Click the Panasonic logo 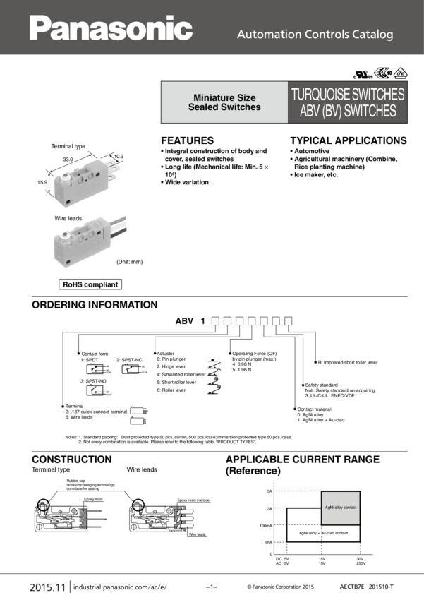click(x=111, y=28)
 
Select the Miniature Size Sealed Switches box click(x=224, y=103)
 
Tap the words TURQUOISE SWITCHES click(x=348, y=94)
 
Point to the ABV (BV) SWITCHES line click(x=348, y=112)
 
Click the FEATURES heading click(x=187, y=140)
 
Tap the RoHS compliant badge click(x=90, y=285)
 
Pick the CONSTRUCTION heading click(x=71, y=460)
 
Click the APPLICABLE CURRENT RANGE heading click(x=303, y=460)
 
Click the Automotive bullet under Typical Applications click(x=311, y=151)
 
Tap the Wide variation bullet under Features click(x=187, y=182)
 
